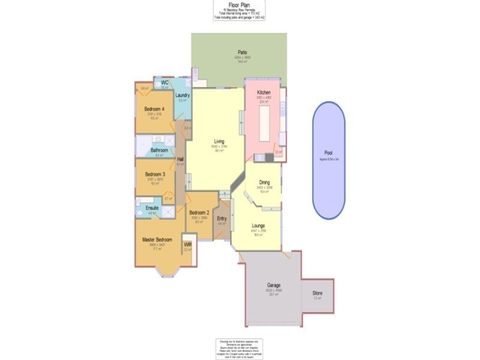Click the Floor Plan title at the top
[239, 4]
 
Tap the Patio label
[243, 53]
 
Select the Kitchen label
[264, 92]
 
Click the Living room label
[219, 142]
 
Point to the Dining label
[265, 182]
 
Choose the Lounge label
[259, 226]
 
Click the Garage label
[274, 286]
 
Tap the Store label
[317, 293]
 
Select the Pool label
[328, 154]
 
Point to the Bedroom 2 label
[199, 213]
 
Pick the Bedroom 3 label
[155, 174]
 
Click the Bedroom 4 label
[155, 109]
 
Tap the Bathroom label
[159, 150]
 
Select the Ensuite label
[152, 208]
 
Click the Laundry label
[183, 95]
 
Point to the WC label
[164, 83]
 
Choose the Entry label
[221, 218]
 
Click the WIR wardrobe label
[188, 245]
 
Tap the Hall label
[180, 159]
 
